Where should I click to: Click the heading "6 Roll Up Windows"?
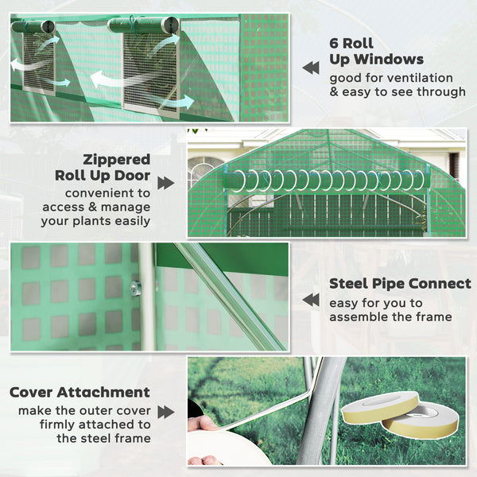(376, 51)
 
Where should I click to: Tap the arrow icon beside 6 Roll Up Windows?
(311, 68)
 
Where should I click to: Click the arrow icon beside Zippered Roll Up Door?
(165, 183)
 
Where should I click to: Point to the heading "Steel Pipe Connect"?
(400, 284)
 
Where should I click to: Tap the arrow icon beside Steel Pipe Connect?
(311, 300)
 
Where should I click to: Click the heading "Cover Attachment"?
(79, 392)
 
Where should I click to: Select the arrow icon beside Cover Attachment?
(165, 412)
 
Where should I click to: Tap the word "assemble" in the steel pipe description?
(359, 317)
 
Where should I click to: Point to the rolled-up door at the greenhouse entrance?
(326, 180)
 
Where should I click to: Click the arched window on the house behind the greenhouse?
(204, 170)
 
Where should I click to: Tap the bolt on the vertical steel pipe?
(136, 288)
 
